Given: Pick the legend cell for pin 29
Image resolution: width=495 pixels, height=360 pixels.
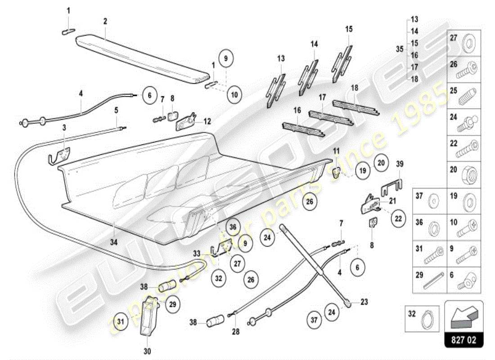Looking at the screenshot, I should click(430, 280).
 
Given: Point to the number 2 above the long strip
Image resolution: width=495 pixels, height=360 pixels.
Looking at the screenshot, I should click(105, 21).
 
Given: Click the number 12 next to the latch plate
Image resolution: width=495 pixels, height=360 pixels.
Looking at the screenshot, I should click(207, 121).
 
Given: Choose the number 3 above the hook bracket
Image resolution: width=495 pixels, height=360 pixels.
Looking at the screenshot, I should click(64, 128).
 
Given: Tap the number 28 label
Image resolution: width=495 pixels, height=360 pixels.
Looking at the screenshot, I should click(237, 332).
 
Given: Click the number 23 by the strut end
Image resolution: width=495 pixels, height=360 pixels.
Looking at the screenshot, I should click(364, 302).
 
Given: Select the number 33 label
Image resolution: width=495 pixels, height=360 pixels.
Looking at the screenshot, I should click(197, 253).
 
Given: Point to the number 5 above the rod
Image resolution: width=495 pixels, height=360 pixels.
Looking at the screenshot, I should click(116, 109).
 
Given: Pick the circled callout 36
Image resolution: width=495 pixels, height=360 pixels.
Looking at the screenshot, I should click(233, 228).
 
